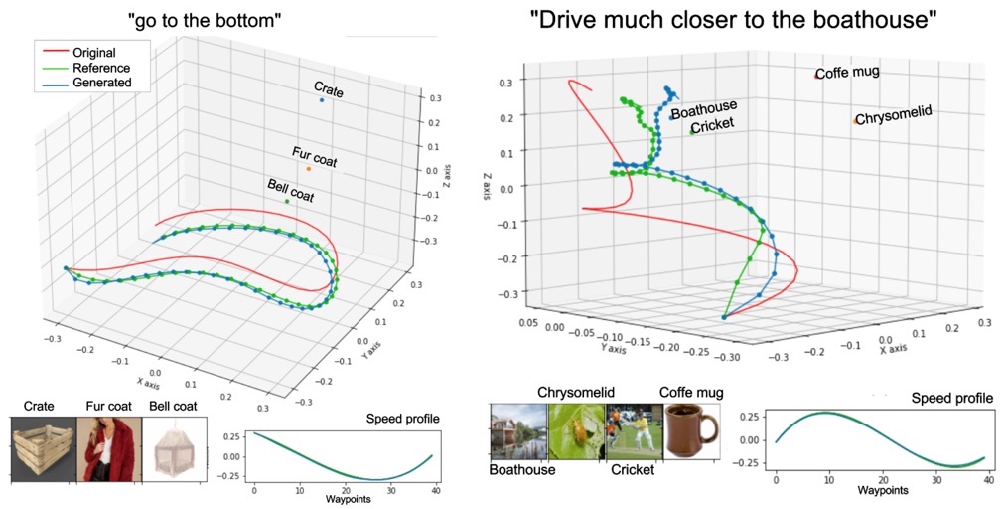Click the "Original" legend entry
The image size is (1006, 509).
click(x=93, y=53)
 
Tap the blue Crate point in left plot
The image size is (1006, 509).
click(x=322, y=101)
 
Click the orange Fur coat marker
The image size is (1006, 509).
click(x=309, y=169)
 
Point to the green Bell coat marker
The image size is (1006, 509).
click(x=287, y=202)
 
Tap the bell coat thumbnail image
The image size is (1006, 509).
click(x=173, y=448)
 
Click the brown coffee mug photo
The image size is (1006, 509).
click(x=692, y=430)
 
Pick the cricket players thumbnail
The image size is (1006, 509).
click(x=635, y=430)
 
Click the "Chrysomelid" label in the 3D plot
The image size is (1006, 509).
click(x=894, y=114)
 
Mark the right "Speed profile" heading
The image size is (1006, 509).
click(x=952, y=399)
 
